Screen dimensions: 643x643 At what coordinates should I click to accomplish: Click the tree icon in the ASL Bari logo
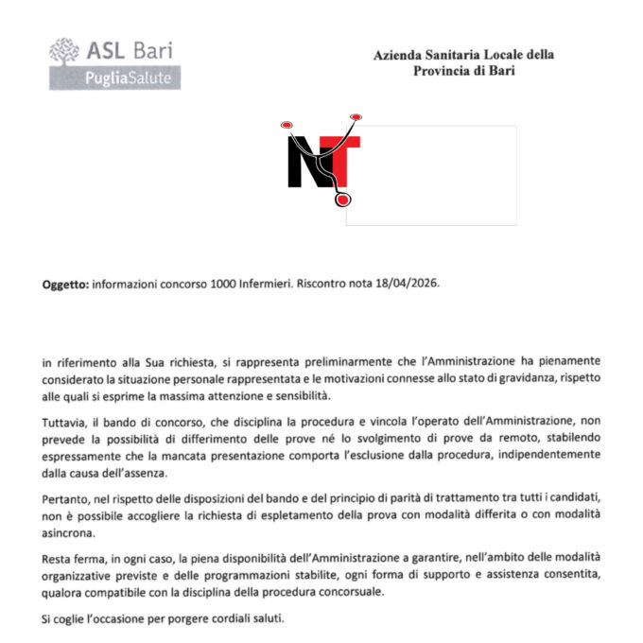point(64,51)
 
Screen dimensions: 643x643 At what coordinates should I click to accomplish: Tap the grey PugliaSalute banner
point(114,78)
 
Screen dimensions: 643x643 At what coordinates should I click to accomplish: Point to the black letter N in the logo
point(305,162)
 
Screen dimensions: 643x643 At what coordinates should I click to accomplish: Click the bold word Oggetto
point(65,284)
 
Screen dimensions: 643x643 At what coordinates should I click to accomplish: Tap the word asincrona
point(72,531)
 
